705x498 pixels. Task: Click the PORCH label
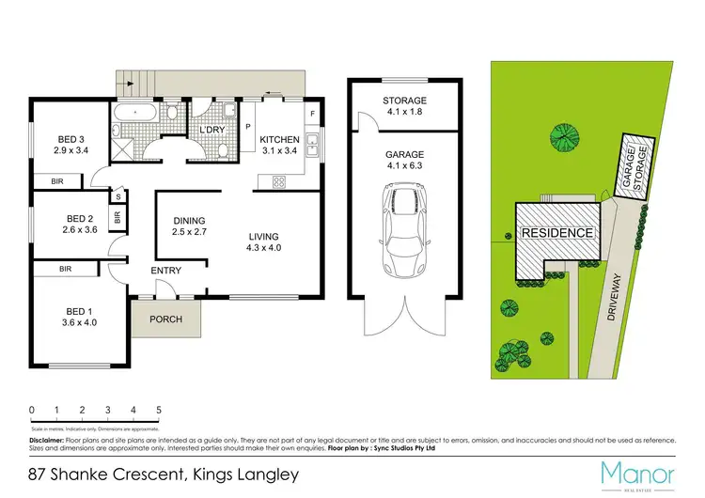pyautogui.click(x=166, y=319)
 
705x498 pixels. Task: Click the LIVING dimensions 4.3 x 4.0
pyautogui.click(x=265, y=248)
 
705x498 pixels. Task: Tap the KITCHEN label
pyautogui.click(x=280, y=139)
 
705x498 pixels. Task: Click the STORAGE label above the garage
pyautogui.click(x=404, y=101)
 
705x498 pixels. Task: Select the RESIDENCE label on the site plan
pyautogui.click(x=557, y=233)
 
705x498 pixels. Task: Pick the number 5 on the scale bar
pyautogui.click(x=159, y=411)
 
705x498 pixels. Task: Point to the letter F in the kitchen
pyautogui.click(x=312, y=114)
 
